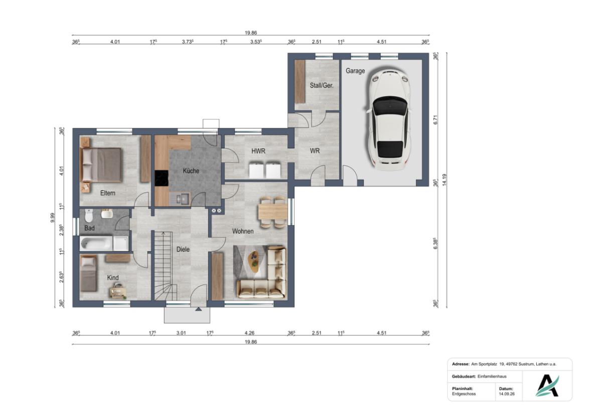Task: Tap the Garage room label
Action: click(355, 71)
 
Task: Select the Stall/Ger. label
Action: click(322, 85)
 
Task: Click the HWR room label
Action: click(258, 151)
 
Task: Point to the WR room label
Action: click(315, 151)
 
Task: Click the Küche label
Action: click(191, 171)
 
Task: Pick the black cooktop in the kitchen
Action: click(162, 178)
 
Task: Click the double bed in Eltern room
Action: click(101, 165)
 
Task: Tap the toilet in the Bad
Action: click(89, 216)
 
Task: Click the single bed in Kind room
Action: click(89, 274)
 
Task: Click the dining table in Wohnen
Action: click(273, 213)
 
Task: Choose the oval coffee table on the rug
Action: click(254, 260)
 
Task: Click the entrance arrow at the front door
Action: click(198, 309)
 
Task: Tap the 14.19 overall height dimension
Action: click(445, 179)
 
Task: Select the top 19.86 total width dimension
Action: click(250, 33)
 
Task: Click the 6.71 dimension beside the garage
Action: click(435, 120)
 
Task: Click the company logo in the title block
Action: click(547, 385)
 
